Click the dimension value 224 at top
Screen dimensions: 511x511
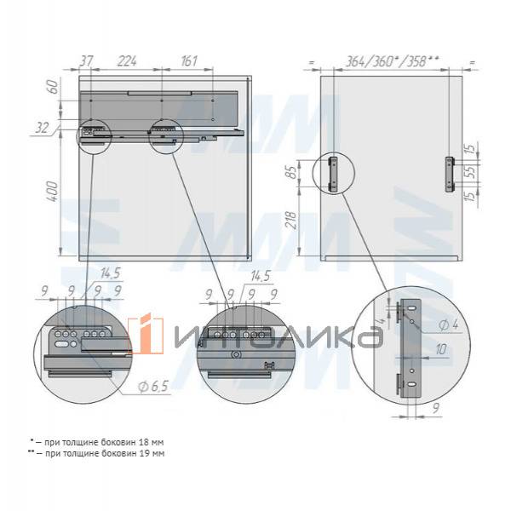tap(127, 61)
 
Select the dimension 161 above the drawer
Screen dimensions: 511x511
tap(189, 61)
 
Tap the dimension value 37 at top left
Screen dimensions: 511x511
tap(86, 61)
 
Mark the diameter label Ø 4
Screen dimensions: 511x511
tap(449, 324)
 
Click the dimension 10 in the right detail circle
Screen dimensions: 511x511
tap(439, 350)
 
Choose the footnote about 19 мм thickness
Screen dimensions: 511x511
tap(98, 454)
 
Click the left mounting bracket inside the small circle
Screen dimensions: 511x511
tap(335, 173)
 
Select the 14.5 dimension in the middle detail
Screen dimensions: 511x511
tap(261, 276)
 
